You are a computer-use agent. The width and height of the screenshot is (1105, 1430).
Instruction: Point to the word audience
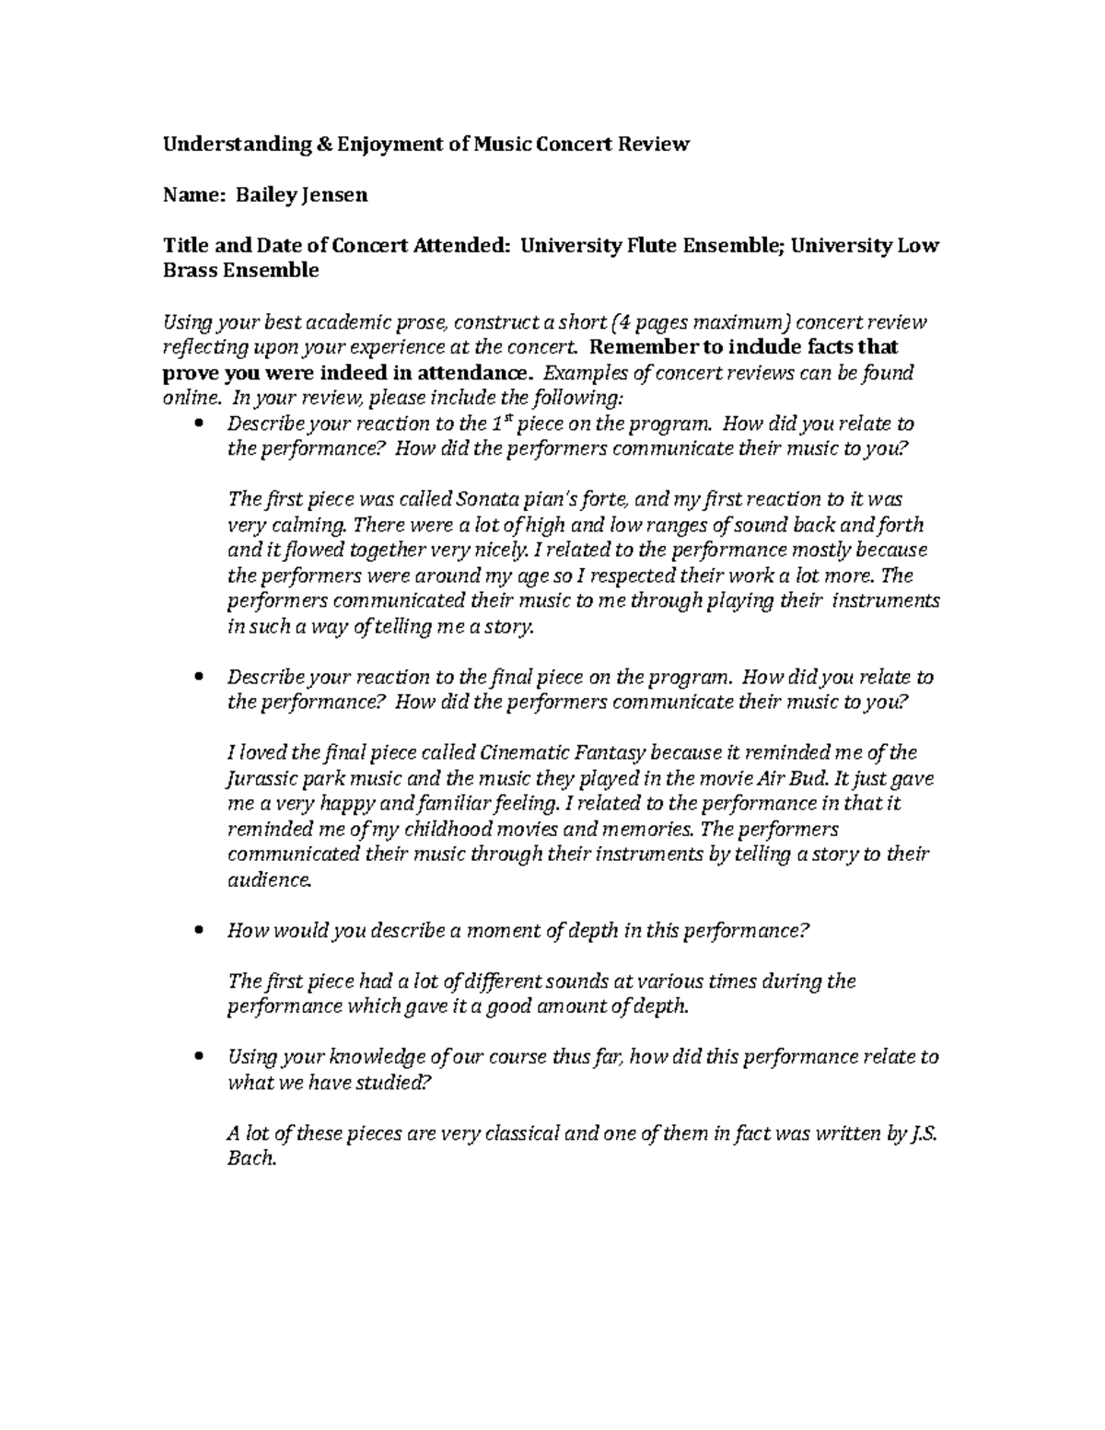coord(270,880)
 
